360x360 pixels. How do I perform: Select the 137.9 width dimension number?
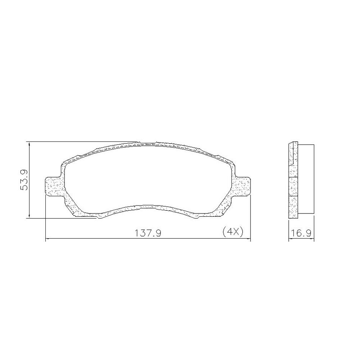pyautogui.click(x=148, y=233)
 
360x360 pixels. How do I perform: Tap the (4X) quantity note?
pyautogui.click(x=233, y=232)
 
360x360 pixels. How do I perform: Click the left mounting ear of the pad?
pyautogui.click(x=53, y=186)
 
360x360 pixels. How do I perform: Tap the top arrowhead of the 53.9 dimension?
pyautogui.click(x=30, y=144)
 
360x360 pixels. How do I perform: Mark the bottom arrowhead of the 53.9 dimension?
pyautogui.click(x=30, y=216)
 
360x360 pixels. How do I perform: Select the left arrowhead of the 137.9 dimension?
pyautogui.click(x=48, y=239)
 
